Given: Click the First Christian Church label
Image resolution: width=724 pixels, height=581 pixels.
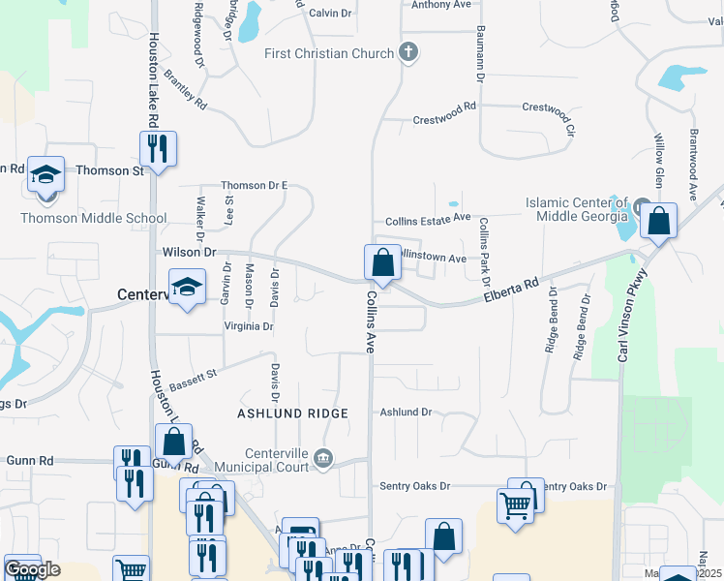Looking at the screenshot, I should click(329, 53).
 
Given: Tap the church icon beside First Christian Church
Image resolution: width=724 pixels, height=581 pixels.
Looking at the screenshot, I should click(407, 52).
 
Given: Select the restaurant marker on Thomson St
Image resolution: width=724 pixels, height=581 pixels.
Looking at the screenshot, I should click(157, 150).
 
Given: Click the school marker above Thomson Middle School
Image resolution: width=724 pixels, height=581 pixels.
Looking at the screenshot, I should click(45, 177).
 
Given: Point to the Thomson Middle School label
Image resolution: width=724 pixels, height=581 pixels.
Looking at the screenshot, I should click(94, 218).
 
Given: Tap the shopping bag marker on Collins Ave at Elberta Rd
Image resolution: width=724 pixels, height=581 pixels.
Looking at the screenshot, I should click(382, 262).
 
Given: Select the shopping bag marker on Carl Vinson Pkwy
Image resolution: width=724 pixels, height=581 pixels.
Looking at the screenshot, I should click(658, 222).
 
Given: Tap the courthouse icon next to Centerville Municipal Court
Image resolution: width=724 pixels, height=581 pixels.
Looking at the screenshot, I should click(324, 458).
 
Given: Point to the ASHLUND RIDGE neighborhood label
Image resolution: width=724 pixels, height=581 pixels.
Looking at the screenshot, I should click(292, 413).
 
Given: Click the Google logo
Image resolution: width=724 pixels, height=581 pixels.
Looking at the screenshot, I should click(32, 569).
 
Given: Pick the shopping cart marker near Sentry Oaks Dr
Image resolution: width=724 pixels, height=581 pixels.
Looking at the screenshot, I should click(515, 505).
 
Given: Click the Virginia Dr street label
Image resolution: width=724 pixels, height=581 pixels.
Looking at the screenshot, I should click(248, 326).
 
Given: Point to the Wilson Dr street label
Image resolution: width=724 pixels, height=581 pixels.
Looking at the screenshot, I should click(189, 252).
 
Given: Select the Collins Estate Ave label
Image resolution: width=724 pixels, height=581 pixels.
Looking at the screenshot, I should click(428, 220).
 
